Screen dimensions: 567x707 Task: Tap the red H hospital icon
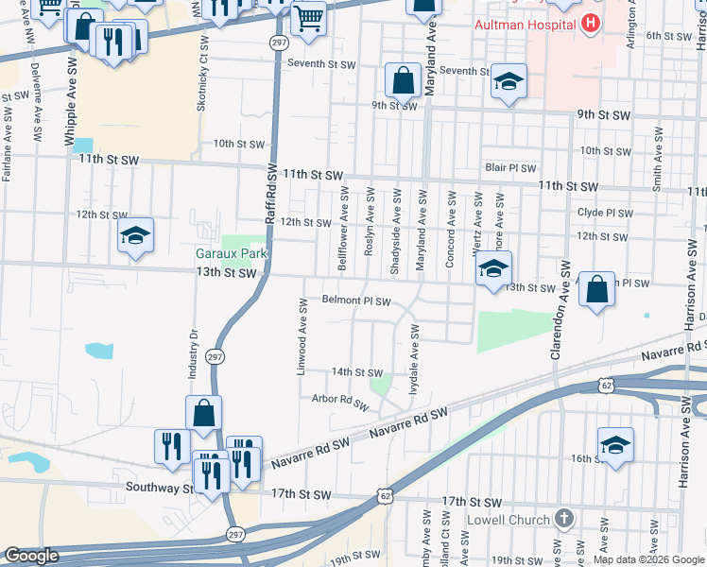coord(592,23)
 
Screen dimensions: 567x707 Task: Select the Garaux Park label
coord(232,253)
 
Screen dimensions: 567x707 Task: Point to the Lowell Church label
coord(509,519)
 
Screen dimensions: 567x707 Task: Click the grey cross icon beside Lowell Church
coord(564,518)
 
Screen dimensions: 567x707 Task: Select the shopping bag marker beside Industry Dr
coord(204,412)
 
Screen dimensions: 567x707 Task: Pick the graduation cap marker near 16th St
coord(615,445)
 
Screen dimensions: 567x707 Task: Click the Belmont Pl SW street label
coord(356,301)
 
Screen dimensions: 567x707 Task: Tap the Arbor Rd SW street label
coord(339,402)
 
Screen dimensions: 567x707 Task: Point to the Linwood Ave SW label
coord(303,337)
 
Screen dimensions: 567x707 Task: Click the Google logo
coord(33,556)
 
